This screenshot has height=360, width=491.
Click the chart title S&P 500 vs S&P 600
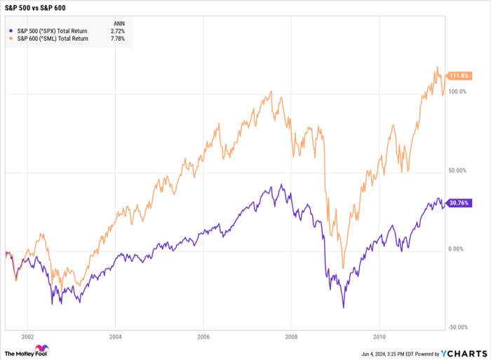pos(35,8)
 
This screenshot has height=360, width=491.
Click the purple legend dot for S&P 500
pos(9,31)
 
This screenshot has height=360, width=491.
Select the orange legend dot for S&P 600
pos(9,39)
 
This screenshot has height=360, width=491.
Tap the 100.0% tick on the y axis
pos(457,92)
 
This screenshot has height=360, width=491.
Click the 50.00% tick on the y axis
pos(457,171)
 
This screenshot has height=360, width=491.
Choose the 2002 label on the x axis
pos(27,335)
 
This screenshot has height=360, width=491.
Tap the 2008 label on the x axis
pos(291,335)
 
